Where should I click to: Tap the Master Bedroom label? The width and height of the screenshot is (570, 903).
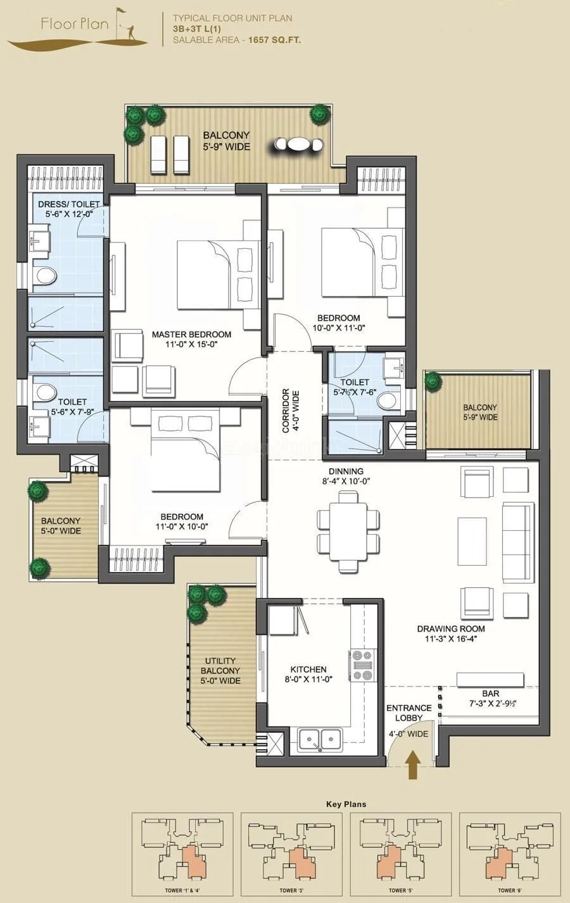coord(191,339)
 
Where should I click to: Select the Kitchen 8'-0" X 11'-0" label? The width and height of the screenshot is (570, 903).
coord(308,674)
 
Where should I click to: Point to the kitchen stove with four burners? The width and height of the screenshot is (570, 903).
coord(362,666)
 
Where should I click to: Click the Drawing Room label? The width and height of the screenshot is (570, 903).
coord(451,633)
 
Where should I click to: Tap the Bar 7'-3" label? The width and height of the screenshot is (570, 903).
coord(490,699)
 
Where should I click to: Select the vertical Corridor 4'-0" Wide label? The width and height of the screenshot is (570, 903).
coord(290,411)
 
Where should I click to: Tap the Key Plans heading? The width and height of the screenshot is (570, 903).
coord(346,804)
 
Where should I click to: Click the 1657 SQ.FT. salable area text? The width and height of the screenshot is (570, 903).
coord(274,40)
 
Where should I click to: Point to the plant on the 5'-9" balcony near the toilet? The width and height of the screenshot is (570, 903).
coord(433,380)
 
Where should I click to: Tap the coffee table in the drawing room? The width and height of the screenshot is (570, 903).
coord(473,540)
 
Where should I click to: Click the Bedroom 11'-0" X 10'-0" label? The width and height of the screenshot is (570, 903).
coord(182,521)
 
